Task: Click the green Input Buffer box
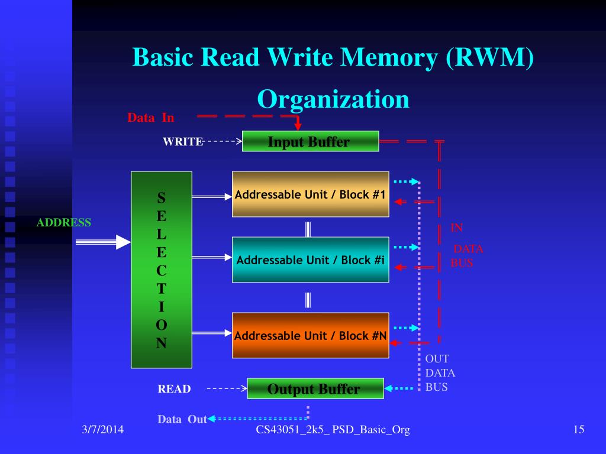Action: pos(310,141)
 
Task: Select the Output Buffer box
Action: pos(315,388)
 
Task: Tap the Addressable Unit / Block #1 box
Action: pos(310,194)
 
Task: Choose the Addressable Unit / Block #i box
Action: pos(310,260)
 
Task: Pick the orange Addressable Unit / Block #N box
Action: pos(310,335)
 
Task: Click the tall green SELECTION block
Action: pos(161,270)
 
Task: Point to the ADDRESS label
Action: pos(63,223)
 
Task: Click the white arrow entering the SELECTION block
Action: pos(104,242)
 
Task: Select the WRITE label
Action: pos(183,142)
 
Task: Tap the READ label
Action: pos(174,389)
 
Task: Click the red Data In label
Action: pos(150,118)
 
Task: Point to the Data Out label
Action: pos(182,419)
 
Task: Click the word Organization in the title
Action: pos(333,99)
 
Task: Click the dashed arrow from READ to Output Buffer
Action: pos(227,389)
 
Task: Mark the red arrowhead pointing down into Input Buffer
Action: pos(298,126)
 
